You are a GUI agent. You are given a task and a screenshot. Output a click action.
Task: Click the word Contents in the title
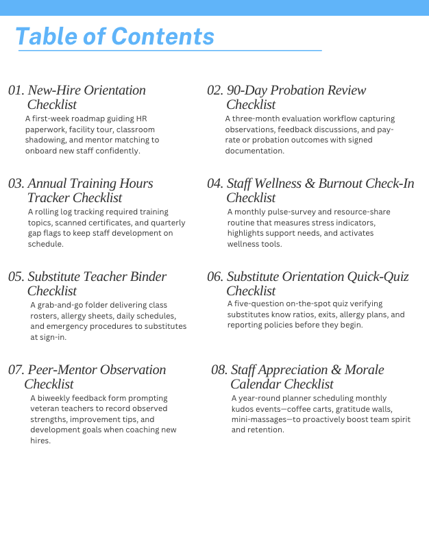coord(162,36)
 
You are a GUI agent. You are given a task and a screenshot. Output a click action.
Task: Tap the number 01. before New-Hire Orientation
coord(16,90)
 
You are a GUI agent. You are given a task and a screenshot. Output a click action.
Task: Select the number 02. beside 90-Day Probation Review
coord(215,90)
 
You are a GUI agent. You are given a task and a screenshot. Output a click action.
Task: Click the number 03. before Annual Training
coord(16,184)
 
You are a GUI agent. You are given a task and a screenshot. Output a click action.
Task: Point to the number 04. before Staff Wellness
coord(215,184)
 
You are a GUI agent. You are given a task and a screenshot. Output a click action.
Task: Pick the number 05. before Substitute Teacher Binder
coord(16,277)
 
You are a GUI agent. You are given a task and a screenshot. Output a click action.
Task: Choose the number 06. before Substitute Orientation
coord(215,277)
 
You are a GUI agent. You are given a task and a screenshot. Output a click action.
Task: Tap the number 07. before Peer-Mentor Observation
coord(16,370)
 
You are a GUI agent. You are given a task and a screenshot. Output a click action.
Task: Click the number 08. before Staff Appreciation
coord(219,370)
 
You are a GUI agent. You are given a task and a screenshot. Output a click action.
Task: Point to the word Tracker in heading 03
coord(49,198)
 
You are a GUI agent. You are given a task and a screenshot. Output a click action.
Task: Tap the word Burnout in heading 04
coord(346,184)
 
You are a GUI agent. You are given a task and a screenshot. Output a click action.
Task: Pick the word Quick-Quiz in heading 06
coord(378,277)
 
